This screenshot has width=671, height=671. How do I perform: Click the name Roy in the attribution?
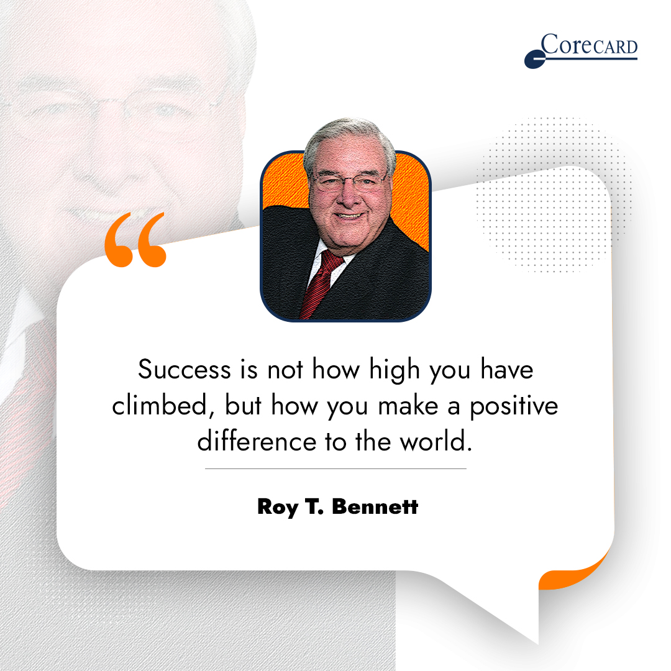[x=278, y=506]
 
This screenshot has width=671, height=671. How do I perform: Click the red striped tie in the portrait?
[x=320, y=283]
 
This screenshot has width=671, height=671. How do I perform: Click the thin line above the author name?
[x=335, y=468]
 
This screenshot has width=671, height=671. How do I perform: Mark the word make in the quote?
[x=404, y=406]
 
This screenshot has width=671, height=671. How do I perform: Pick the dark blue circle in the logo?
[x=534, y=60]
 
